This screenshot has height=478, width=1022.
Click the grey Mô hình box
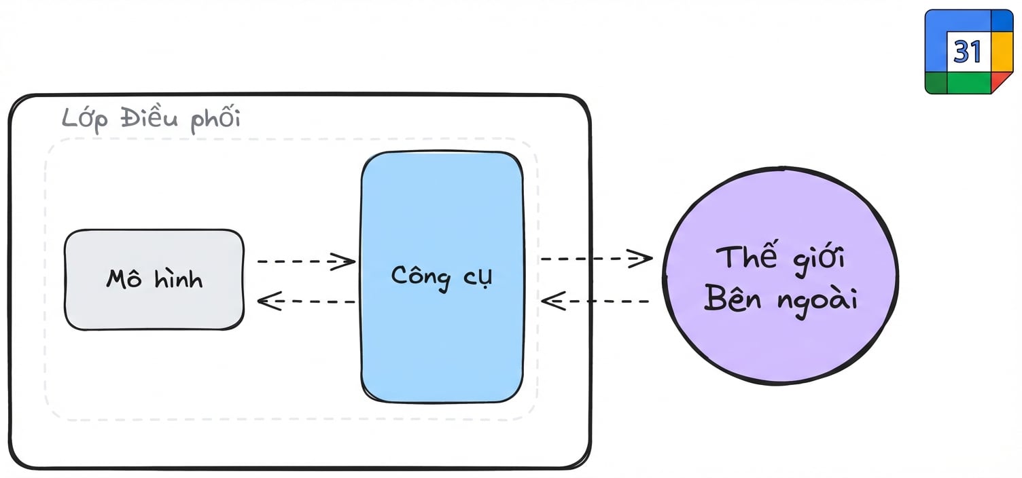[154, 279]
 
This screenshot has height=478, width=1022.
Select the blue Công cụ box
[442, 277]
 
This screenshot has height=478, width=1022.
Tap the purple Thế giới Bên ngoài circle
[781, 276]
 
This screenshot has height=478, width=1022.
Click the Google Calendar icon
[969, 52]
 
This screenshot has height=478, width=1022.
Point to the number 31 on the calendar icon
[967, 52]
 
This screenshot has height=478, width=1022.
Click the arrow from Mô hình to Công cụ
[306, 261]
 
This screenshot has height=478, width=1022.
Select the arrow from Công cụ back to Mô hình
[306, 301]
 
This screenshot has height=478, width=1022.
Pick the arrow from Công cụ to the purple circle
[597, 259]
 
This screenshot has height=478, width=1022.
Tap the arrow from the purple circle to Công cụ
[595, 301]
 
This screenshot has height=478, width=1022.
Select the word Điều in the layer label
[149, 117]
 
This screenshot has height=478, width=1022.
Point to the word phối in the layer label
[215, 118]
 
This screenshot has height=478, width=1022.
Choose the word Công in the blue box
[421, 276]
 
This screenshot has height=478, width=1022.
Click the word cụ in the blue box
[478, 278]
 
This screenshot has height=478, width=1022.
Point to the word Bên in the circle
[733, 299]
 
